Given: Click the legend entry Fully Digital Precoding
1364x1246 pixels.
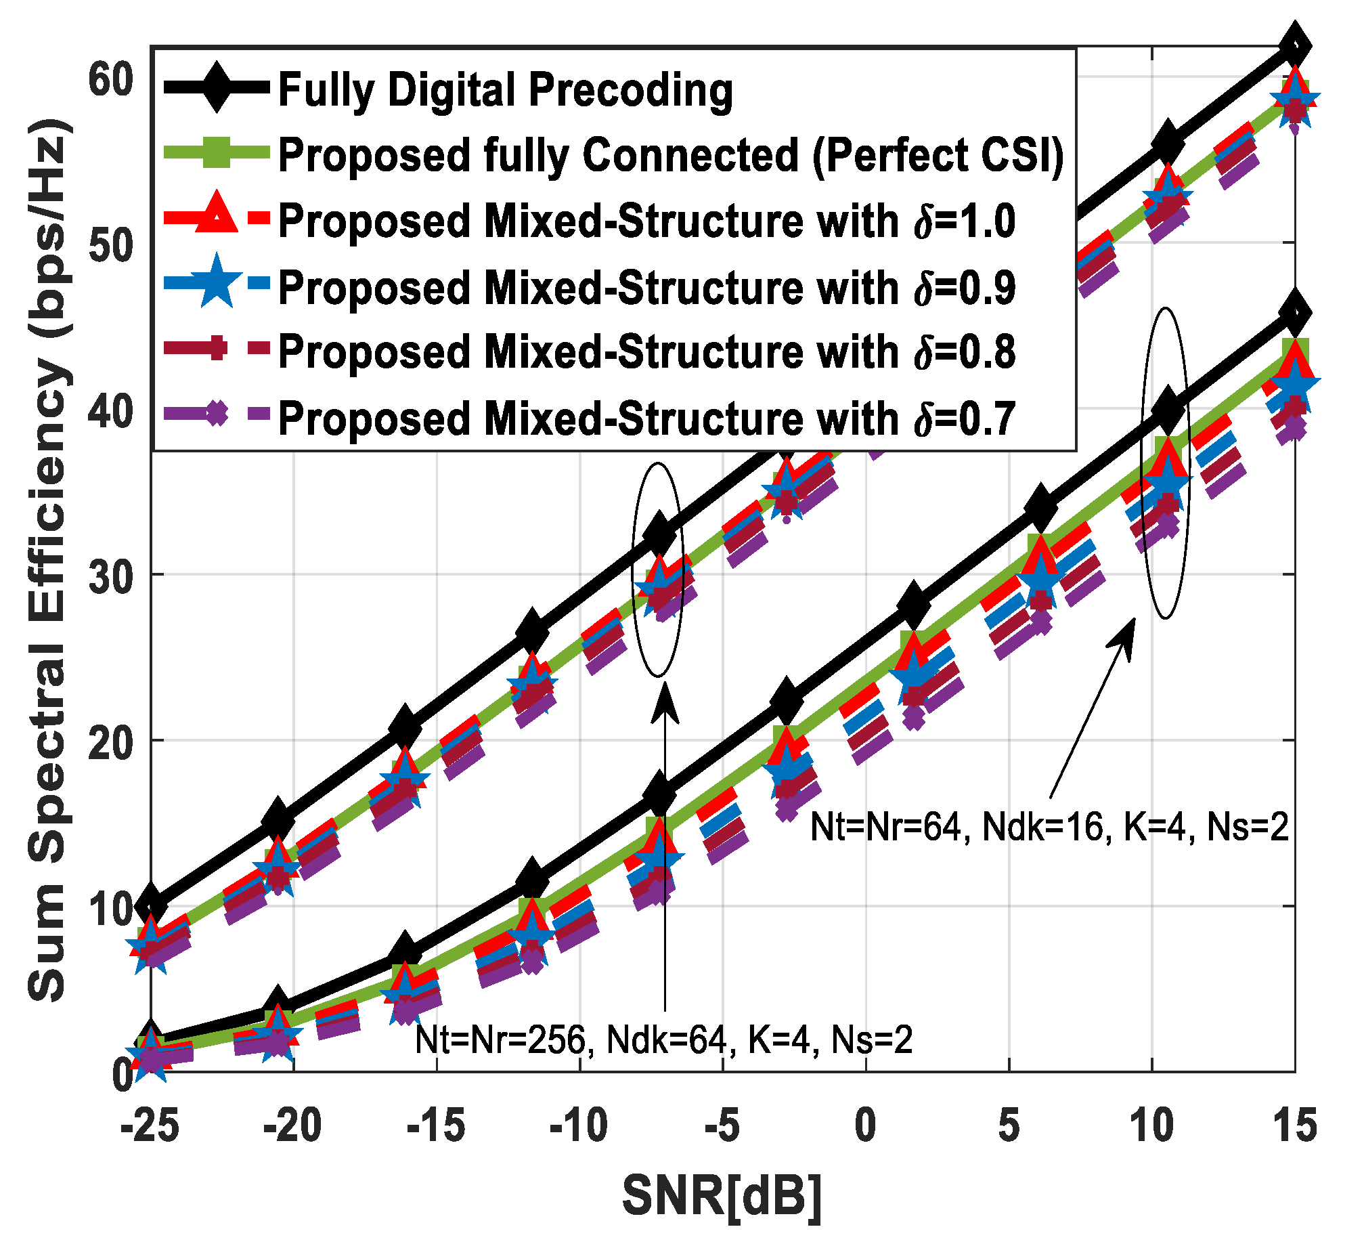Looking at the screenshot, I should (505, 90).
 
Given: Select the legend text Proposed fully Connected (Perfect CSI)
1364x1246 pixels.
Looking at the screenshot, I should (670, 155).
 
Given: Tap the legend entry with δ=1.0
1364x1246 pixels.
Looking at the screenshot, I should (646, 221).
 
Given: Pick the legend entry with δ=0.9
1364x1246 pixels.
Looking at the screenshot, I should (646, 287).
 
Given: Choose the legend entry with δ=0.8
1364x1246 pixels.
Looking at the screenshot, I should (646, 352).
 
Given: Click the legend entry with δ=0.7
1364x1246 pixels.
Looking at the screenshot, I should (646, 418).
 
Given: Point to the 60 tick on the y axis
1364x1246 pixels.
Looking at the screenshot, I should (111, 79).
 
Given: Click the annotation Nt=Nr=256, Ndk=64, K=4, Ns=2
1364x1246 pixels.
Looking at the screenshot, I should (663, 1040).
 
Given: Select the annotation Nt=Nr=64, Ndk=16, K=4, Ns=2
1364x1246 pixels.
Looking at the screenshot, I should (1049, 828).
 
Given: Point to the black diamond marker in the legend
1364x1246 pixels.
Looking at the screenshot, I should (216, 87).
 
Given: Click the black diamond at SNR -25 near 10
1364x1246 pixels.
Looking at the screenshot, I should (151, 905).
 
